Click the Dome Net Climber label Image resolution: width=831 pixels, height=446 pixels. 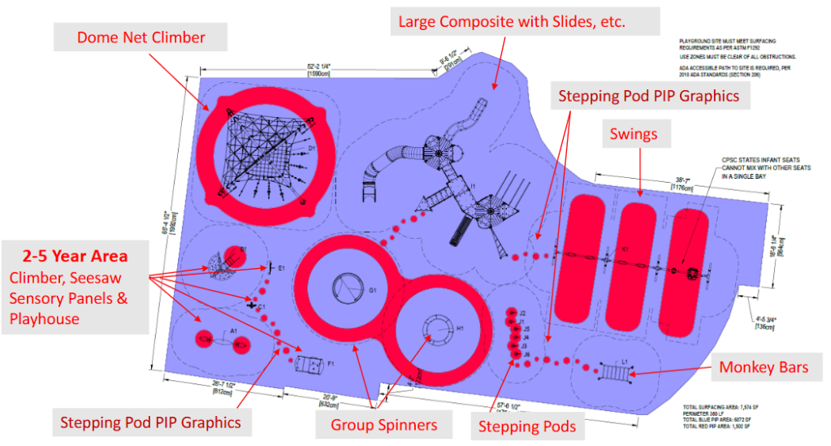coord(141,37)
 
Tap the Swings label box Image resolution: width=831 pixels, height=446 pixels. coord(633,134)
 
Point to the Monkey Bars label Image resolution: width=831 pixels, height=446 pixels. coord(764,368)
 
